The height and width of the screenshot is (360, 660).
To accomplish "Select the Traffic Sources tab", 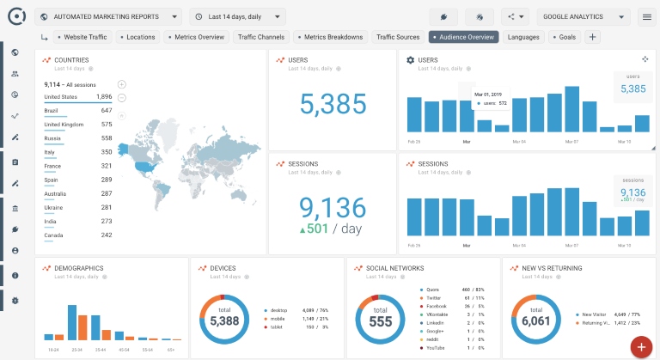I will click(398, 37).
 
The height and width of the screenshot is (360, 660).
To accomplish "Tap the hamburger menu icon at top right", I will click(647, 16).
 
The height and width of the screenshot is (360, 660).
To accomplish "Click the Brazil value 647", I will click(106, 111).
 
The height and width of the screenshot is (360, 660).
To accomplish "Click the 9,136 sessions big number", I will click(332, 207).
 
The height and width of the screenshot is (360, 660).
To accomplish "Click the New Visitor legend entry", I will click(593, 314).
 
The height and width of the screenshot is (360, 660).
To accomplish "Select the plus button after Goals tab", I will click(593, 37).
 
